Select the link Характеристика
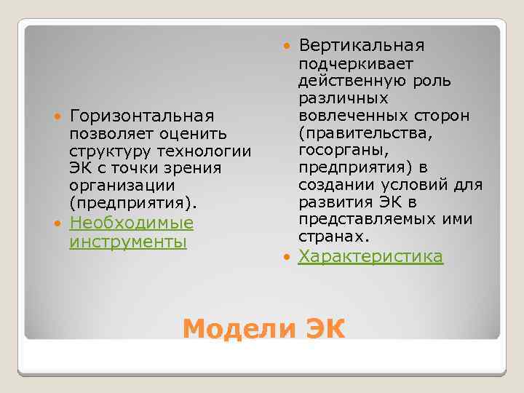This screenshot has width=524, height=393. (x=370, y=256)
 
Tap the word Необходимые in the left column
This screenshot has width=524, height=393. (x=131, y=222)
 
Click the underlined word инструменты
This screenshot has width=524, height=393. (x=128, y=240)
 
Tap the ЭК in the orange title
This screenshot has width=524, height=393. (x=321, y=329)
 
